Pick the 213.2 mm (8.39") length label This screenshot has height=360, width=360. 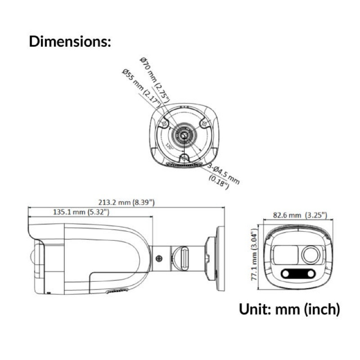[x=126, y=202]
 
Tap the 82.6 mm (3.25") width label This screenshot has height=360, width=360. [x=300, y=215]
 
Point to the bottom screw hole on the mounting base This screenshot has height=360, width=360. [x=184, y=157]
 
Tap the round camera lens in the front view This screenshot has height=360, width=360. [x=310, y=255]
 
